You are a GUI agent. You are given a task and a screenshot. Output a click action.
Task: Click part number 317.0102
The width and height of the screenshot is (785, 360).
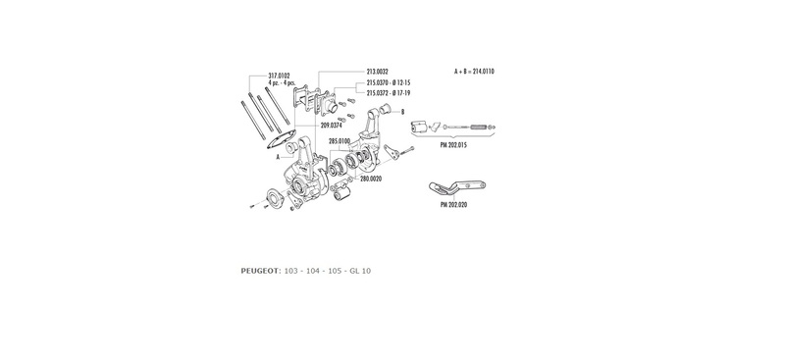pyautogui.click(x=279, y=76)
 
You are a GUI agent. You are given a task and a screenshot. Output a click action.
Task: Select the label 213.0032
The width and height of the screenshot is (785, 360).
pyautogui.click(x=378, y=73)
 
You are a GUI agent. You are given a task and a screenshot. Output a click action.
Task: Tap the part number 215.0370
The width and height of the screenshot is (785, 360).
pyautogui.click(x=378, y=82)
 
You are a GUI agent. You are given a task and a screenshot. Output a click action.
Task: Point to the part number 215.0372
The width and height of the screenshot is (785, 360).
pyautogui.click(x=378, y=93)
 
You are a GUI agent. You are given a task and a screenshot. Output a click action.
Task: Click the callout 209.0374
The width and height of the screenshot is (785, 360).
pyautogui.click(x=332, y=126)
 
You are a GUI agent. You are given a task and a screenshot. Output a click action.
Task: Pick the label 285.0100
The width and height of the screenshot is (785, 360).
pyautogui.click(x=340, y=141)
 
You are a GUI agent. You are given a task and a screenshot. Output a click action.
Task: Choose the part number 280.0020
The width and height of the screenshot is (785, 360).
pyautogui.click(x=371, y=179)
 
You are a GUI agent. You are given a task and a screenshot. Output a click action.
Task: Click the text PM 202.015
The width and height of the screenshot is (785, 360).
pyautogui.click(x=453, y=145)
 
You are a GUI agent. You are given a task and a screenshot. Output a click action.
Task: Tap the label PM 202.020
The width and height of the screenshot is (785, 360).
pyautogui.click(x=454, y=204)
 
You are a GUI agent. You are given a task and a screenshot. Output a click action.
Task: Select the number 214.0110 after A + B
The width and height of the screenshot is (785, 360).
pyautogui.click(x=484, y=72)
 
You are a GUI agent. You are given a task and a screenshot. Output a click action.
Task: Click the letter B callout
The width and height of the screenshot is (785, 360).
pyautogui.click(x=402, y=112)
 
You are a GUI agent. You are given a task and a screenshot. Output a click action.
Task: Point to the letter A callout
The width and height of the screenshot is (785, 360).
pyautogui.click(x=278, y=157)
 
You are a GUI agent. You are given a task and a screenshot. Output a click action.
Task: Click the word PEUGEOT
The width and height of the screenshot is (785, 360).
pyautogui.click(x=261, y=271)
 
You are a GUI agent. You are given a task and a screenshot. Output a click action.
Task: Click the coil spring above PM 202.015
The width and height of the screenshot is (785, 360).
pyautogui.click(x=479, y=128)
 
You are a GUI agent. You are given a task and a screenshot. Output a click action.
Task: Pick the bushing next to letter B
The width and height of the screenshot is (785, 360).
pyautogui.click(x=386, y=108)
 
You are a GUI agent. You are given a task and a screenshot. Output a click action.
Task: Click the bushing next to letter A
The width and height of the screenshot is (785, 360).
pyautogui.click(x=291, y=148)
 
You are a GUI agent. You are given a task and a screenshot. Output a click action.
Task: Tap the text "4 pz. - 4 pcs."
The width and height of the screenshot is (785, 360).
pyautogui.click(x=282, y=82)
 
